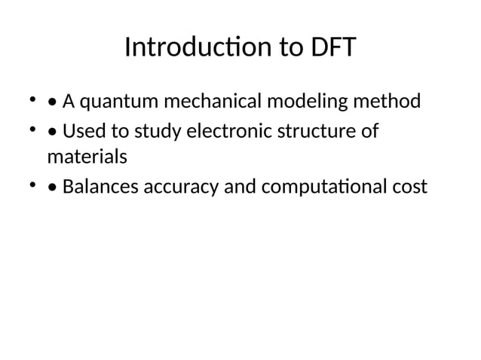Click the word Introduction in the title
191,47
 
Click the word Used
81,133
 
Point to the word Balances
97,186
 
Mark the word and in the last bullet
238,186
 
